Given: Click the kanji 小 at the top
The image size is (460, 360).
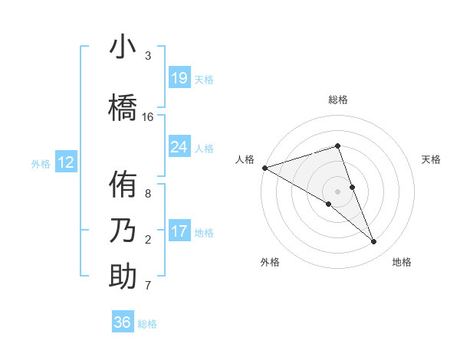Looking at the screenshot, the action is pos(123,47).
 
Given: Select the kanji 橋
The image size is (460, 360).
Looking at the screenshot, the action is pos(123,106).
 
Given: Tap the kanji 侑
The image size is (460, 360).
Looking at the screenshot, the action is pos(123,185).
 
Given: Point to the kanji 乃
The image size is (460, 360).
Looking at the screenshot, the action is pos(123,230).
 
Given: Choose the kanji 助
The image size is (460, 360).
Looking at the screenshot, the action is pos(123,277).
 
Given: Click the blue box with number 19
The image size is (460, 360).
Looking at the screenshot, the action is pos(179,78).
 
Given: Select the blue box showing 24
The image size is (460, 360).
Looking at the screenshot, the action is pos(179,147).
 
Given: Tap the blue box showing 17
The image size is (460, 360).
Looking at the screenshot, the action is pos(179,231).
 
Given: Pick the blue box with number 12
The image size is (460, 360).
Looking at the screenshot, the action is pos(66,162).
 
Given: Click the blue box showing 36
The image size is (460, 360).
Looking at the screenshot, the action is pos(123,322).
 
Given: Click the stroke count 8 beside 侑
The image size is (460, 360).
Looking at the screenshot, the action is pos(148,194).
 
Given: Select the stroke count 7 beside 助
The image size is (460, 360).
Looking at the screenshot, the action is pos(148,286).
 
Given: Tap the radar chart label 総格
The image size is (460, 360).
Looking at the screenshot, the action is pos(337,100).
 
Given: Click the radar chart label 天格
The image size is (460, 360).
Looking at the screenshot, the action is pos(431,159).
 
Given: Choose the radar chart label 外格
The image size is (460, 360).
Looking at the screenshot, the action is pos(270,263).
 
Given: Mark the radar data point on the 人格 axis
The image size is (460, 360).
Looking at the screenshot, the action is pos(264,167).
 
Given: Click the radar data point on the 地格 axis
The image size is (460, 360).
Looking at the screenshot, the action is pos(374,242).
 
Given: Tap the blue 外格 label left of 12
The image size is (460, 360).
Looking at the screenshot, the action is pos(40,163).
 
